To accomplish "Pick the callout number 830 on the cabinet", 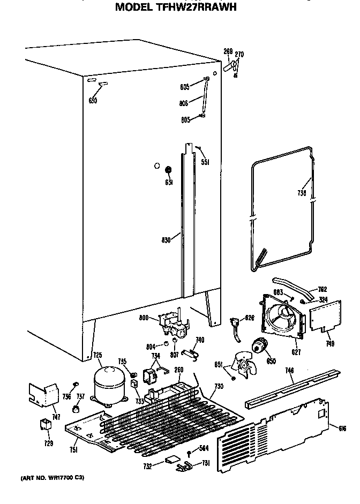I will pyautogui.click(x=165, y=240).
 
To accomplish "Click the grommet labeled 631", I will pyautogui.click(x=168, y=170).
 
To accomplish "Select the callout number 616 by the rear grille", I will pyautogui.click(x=343, y=427).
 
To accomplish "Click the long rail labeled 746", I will pyautogui.click(x=292, y=389).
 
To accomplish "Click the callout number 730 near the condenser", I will pyautogui.click(x=218, y=386).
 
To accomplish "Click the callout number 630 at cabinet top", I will pyautogui.click(x=93, y=100).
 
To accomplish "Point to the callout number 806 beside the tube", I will pyautogui.click(x=184, y=104).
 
